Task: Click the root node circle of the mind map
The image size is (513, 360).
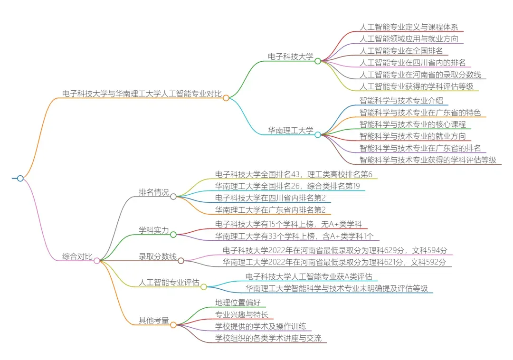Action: point(20,179)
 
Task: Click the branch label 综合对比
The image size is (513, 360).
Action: point(77,256)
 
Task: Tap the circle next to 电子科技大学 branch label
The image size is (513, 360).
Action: point(318,61)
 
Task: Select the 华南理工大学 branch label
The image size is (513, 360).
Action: point(290,130)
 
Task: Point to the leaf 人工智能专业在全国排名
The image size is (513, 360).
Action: point(401,51)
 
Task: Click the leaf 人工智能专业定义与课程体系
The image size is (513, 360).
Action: point(408,27)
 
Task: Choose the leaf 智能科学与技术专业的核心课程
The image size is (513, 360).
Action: point(412,124)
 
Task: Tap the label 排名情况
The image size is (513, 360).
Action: point(153,192)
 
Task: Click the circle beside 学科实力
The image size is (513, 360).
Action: point(173,234)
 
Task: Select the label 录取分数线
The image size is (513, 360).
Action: point(157,256)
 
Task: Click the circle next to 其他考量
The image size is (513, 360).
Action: point(173,325)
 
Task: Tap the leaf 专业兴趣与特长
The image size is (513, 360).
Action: point(241,314)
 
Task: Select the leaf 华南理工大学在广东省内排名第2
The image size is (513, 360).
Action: point(270,210)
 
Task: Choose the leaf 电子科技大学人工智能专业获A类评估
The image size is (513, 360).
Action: point(309,276)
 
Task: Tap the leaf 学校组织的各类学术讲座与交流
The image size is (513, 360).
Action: point(268,338)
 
